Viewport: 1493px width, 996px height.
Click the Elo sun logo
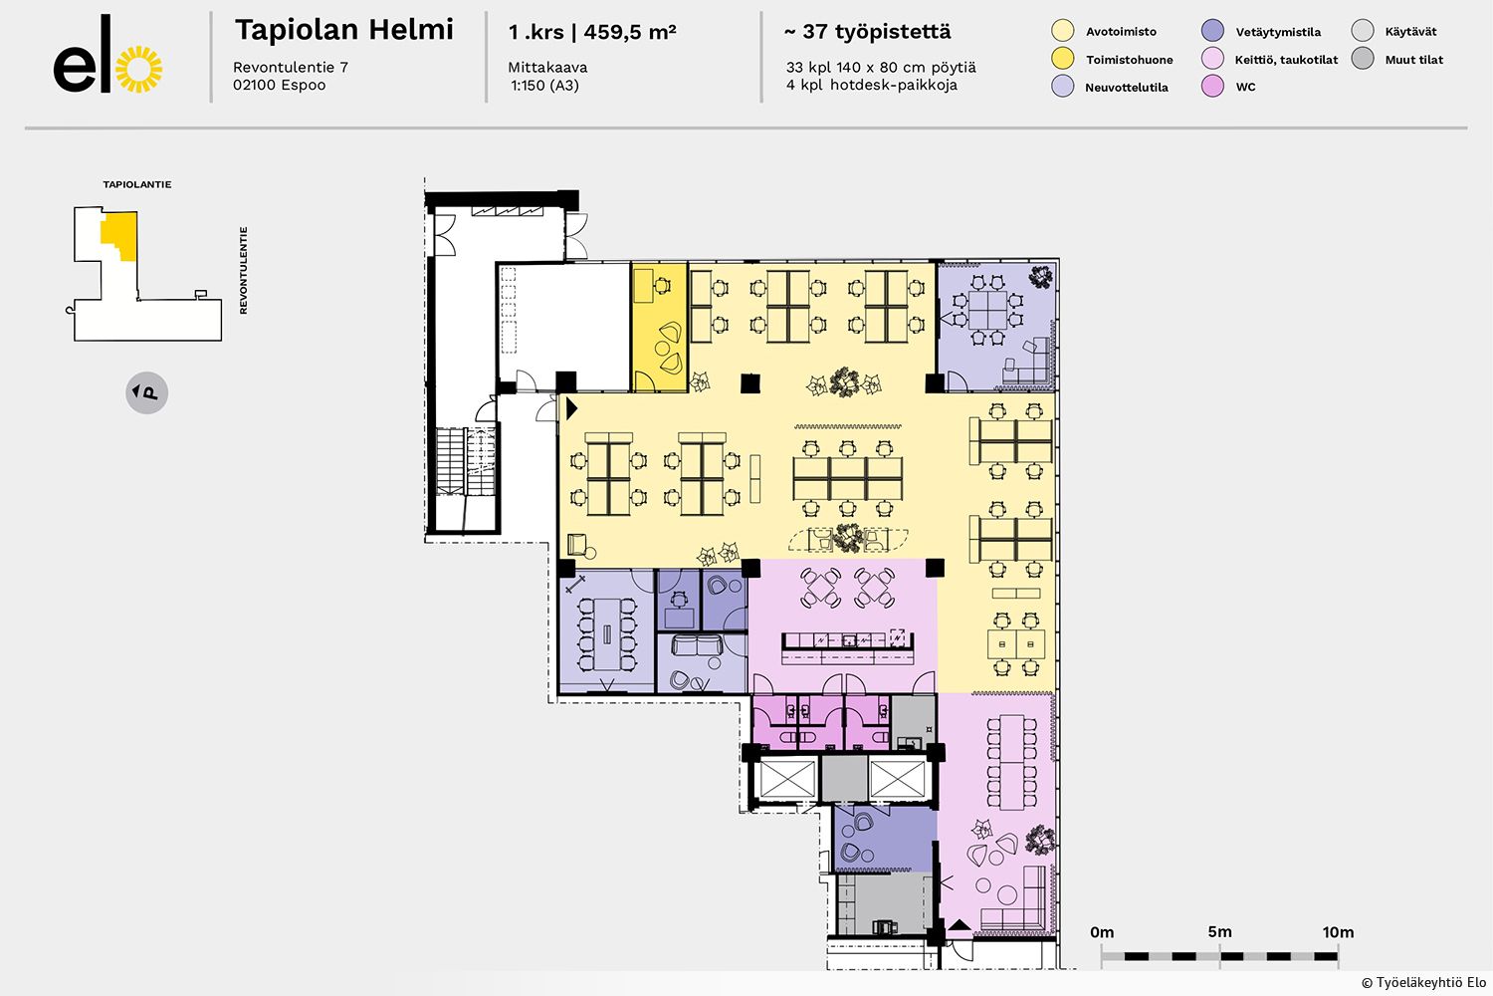pos(139,69)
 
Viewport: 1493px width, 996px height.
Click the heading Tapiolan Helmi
pos(344,30)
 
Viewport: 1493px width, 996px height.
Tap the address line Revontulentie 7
pos(291,67)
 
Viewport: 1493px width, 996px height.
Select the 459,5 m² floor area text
pos(630,31)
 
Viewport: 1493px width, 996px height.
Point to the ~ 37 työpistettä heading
pos(868,31)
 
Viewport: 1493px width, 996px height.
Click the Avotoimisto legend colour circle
pos(1062,31)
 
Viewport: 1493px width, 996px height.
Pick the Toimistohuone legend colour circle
pos(1062,59)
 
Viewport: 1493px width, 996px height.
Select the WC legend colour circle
pos(1212,86)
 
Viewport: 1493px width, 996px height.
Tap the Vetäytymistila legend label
pos(1278,32)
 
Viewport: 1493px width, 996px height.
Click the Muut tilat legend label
pos(1413,60)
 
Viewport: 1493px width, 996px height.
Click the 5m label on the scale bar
pos(1219,932)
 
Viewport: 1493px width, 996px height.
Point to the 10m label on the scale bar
pos(1338,932)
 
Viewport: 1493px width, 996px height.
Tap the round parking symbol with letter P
pos(146,392)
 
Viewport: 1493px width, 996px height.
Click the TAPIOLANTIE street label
pos(136,184)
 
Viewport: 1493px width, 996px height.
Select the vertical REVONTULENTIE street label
pos(243,270)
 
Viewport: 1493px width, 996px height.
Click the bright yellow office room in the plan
pos(659,327)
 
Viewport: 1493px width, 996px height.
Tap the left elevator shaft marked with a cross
pos(787,779)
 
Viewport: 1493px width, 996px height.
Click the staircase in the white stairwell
pos(466,461)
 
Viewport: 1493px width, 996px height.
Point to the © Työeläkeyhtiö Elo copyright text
pos(1423,982)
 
